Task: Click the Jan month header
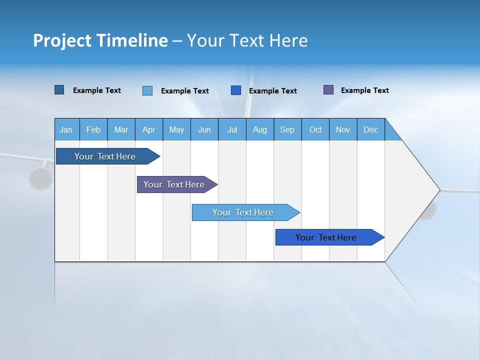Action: coord(66,129)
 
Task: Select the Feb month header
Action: coord(93,129)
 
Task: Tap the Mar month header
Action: coord(121,129)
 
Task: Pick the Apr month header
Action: coord(149,129)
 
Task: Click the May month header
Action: coord(176,129)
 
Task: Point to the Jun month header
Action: coord(204,129)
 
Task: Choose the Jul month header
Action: coord(232,129)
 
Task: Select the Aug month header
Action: coord(260,129)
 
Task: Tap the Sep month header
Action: coord(287,129)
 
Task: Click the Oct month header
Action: coord(315,129)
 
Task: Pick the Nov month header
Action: coord(343,129)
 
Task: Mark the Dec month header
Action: coord(371,129)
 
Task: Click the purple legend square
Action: coord(328,90)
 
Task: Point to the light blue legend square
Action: coord(147,90)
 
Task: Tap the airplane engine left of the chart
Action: coord(40,178)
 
